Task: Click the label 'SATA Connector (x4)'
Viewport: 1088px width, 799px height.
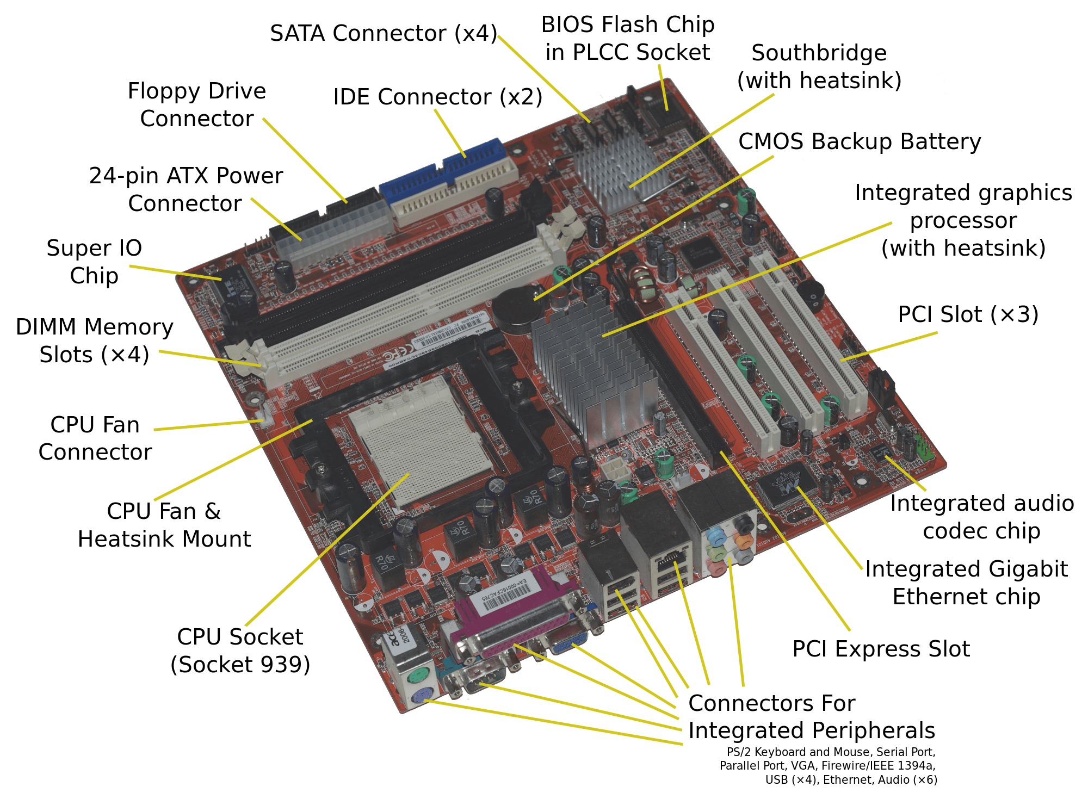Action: coord(384,33)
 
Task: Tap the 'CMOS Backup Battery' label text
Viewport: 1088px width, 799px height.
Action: coord(860,141)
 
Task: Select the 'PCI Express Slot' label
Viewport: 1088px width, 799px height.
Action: coord(881,649)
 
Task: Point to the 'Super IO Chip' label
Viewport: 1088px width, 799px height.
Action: coord(94,262)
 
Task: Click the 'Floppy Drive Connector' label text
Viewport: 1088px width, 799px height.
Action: coord(197,104)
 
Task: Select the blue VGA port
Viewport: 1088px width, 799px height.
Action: coord(568,642)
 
